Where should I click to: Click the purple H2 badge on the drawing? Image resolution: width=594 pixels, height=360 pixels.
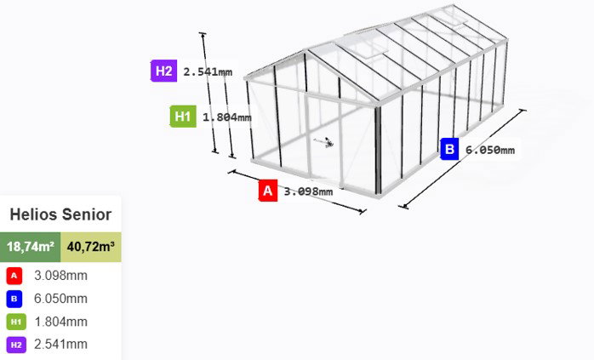tap(163, 71)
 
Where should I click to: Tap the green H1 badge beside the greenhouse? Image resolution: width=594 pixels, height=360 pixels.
tap(183, 117)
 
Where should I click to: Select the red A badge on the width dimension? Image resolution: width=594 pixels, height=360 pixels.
tap(268, 191)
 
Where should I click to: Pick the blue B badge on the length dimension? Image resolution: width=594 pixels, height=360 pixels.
tap(449, 149)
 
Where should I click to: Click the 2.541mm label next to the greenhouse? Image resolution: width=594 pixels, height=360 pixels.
tap(208, 71)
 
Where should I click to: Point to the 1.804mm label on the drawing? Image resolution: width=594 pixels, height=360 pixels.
tap(227, 117)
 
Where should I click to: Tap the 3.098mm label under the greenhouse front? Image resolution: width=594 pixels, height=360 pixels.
tap(308, 191)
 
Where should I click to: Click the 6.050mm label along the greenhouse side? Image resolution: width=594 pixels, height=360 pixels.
tap(490, 150)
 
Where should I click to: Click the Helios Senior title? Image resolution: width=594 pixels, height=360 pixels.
tap(60, 214)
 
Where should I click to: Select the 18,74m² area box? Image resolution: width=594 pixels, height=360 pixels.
tap(31, 247)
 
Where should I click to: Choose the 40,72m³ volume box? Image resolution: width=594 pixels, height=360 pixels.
tap(91, 247)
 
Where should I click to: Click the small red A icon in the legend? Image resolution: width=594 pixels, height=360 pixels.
tap(14, 276)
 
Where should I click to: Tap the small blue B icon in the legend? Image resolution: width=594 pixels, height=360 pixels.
tap(14, 299)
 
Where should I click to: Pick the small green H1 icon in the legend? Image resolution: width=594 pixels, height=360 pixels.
tap(16, 322)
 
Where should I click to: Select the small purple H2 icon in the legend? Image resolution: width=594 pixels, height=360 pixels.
tap(16, 345)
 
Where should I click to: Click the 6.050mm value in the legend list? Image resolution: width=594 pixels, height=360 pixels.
tap(60, 299)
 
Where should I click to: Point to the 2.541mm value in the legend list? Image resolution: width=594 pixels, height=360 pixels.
tap(60, 344)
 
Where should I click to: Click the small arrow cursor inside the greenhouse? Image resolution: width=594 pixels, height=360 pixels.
tap(324, 142)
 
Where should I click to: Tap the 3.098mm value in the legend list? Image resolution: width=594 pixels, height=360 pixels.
tap(60, 276)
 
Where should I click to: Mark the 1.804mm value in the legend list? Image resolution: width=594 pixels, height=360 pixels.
tap(60, 322)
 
